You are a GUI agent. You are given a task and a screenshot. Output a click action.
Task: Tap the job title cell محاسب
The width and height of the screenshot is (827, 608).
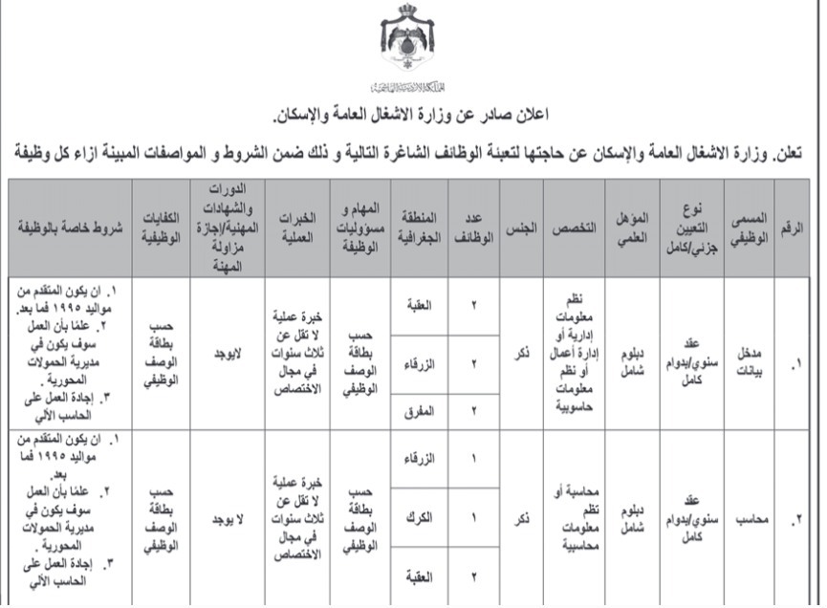(749, 522)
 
